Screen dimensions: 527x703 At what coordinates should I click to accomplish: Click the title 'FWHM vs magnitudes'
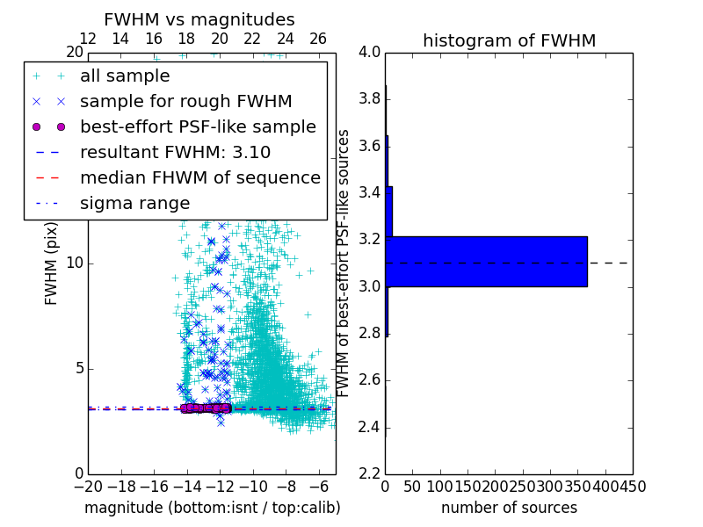(199, 19)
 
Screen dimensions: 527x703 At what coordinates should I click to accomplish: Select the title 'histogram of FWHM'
(509, 40)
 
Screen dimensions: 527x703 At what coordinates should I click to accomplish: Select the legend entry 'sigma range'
(134, 203)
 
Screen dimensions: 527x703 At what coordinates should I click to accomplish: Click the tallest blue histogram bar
(486, 261)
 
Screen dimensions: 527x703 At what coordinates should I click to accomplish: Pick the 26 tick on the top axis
(318, 39)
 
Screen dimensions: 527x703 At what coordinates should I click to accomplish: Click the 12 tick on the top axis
(88, 39)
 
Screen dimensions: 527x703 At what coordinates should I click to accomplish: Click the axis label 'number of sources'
(509, 508)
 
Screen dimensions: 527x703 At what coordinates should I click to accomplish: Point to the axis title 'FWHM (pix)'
(52, 263)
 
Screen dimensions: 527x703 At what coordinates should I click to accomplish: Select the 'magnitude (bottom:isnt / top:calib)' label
(212, 508)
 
